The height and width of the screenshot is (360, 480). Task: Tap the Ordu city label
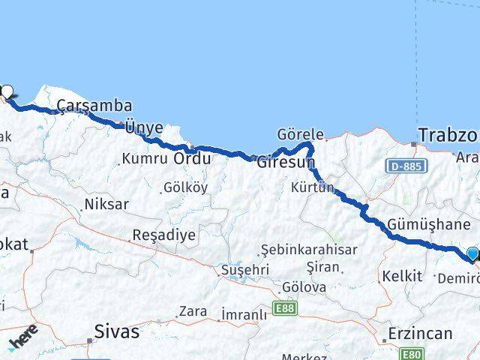click(192, 159)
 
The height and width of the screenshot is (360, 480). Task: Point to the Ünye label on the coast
click(143, 127)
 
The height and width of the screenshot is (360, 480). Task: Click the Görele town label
click(300, 135)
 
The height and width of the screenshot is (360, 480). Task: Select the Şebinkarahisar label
click(309, 250)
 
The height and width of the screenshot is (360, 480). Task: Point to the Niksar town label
click(106, 203)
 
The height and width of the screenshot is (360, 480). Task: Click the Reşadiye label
click(163, 235)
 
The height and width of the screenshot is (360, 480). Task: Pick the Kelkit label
click(402, 276)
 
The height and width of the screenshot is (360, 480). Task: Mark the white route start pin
click(7, 92)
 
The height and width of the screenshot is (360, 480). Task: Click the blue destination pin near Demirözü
click(472, 254)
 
